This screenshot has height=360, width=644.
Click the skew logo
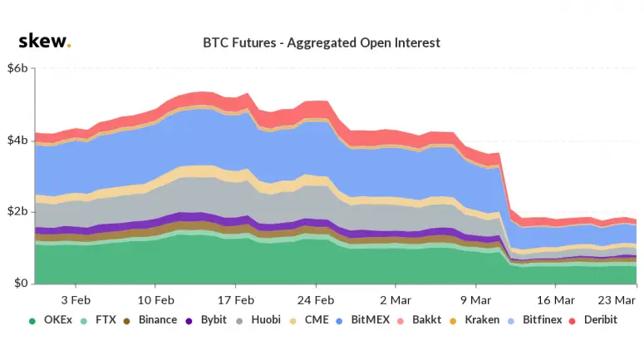coord(44,42)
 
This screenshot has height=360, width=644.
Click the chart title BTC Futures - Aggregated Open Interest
coord(322,42)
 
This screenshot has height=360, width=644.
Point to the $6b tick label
coord(18,68)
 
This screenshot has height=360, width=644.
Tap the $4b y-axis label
coord(18,141)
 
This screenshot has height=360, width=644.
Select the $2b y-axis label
coord(18,212)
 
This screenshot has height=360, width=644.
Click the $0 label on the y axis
coord(22,284)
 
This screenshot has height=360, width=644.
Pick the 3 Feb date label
coord(76,298)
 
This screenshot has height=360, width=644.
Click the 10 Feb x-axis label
coord(155,298)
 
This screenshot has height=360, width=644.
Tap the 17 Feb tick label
coord(236,298)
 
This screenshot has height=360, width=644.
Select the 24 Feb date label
coord(316,298)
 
